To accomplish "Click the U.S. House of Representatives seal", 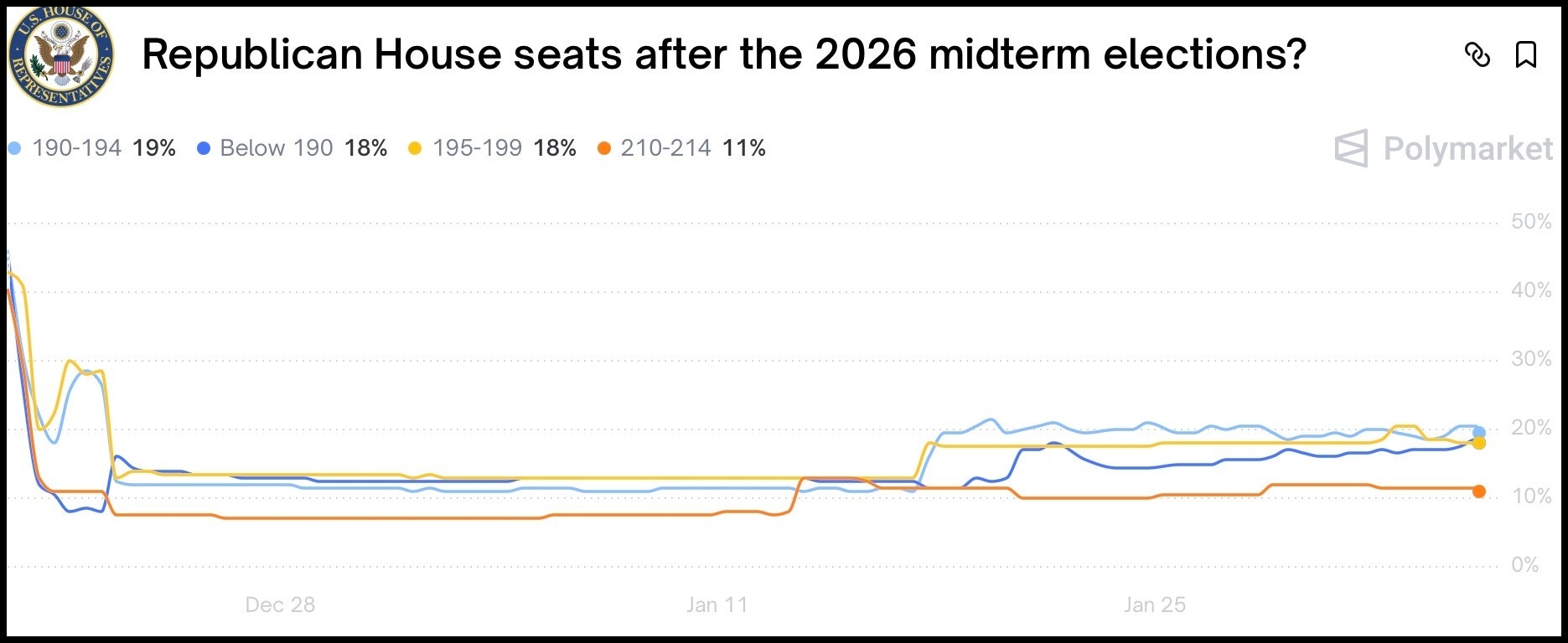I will click(61, 55).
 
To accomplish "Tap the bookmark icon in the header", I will click(1526, 55).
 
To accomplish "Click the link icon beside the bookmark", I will click(1477, 55).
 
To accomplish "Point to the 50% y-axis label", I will click(1531, 222).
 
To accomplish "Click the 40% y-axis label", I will click(1531, 291).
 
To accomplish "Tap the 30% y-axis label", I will click(1531, 359).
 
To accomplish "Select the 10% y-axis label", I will click(1531, 496).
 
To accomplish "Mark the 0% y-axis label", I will click(1525, 565).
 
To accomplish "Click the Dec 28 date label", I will click(280, 604).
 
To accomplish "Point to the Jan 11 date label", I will click(717, 604).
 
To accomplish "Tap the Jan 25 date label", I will click(1154, 604).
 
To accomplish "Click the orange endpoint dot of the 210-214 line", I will click(1478, 491).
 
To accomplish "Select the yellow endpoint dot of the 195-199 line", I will click(1478, 443).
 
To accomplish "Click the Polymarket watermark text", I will click(1467, 149).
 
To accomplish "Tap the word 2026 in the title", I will click(866, 55).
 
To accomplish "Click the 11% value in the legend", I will click(744, 148).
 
